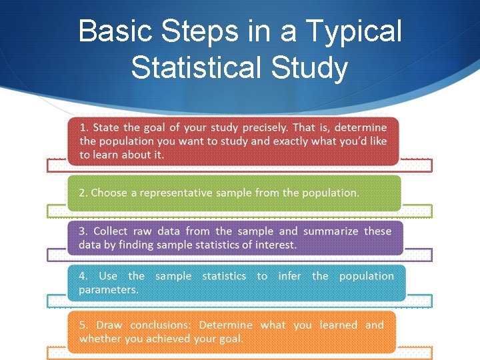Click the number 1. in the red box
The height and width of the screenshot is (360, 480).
(84, 127)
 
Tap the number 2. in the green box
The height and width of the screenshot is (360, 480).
(83, 193)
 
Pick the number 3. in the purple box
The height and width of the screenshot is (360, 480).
(83, 231)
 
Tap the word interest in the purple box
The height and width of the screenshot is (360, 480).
(276, 245)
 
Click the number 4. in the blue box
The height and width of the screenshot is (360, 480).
(83, 276)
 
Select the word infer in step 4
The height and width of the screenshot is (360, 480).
(289, 276)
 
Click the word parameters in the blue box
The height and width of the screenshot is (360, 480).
(108, 289)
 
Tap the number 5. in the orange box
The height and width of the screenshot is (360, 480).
(83, 325)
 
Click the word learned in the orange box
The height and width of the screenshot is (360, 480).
(338, 325)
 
